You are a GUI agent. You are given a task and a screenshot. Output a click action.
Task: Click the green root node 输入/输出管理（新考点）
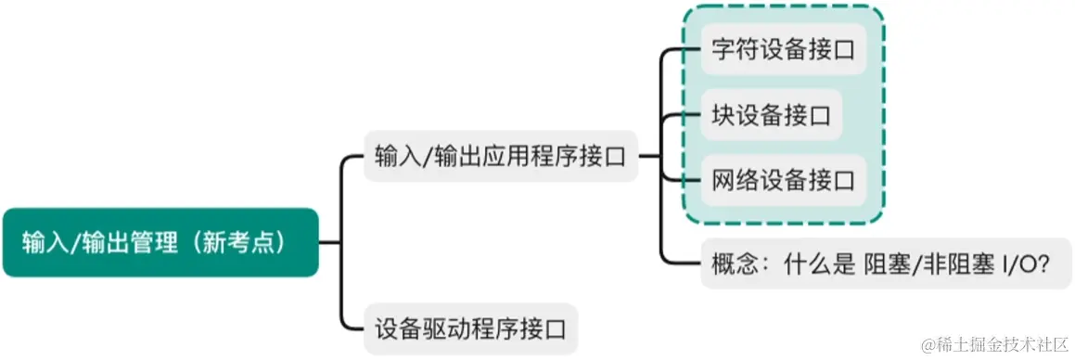pos(160,242)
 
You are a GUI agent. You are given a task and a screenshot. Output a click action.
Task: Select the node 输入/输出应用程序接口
pos(501,156)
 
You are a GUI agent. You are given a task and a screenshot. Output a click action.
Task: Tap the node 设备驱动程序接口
pos(470,328)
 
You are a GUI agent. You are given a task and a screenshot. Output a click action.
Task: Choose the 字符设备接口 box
pos(783,50)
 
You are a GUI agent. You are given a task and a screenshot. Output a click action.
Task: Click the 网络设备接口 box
pos(783,181)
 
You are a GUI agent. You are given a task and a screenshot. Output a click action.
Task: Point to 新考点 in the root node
pos(247,243)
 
